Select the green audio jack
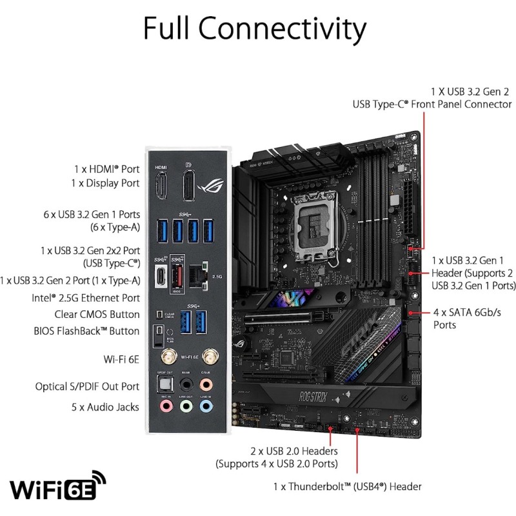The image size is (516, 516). coord(186,406)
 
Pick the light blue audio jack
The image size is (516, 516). coord(206,406)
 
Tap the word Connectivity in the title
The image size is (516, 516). coord(289,28)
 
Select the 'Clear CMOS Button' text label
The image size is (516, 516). coord(97,315)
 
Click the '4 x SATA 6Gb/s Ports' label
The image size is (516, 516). coord(463,319)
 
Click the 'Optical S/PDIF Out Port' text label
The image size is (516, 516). coord(87,386)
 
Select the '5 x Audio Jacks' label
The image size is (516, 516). coord(105,407)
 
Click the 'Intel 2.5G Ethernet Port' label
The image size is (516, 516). coord(86,298)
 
